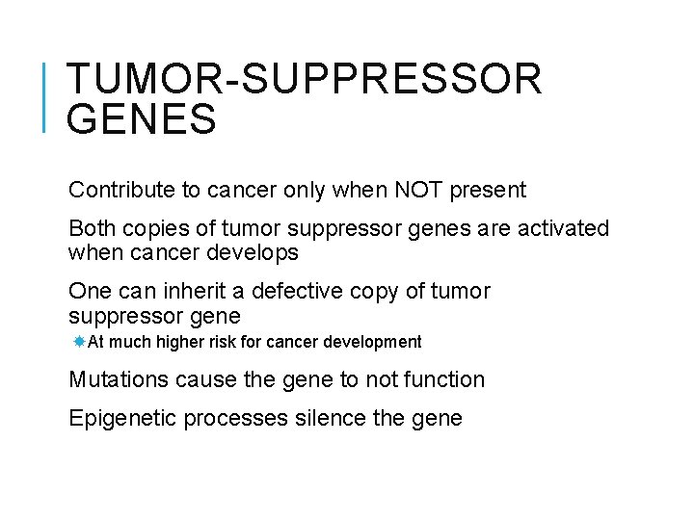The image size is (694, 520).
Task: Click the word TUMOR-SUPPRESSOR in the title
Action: [x=304, y=80]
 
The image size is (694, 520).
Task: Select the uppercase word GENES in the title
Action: [x=142, y=121]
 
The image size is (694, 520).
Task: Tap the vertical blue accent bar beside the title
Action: [x=46, y=96]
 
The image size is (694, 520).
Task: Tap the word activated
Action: [x=563, y=229]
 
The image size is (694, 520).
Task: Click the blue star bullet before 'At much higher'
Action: [x=79, y=342]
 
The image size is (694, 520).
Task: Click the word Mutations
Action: [x=119, y=379]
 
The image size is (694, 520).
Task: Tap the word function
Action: [x=444, y=379]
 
